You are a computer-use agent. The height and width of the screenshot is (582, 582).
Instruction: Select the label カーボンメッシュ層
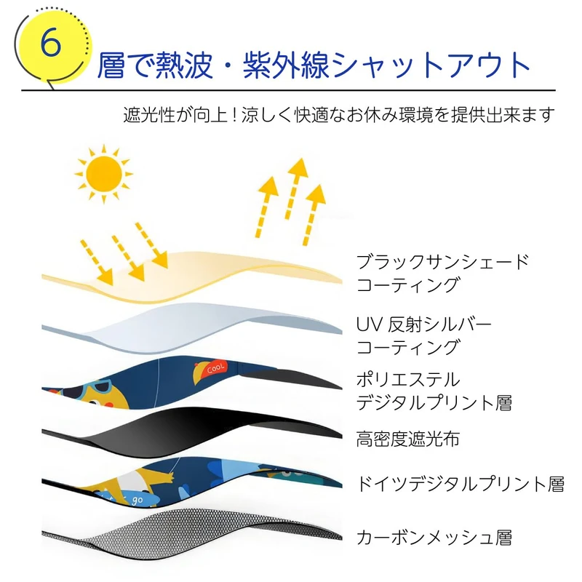[434, 538]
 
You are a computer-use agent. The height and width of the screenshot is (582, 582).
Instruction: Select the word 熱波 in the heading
[187, 66]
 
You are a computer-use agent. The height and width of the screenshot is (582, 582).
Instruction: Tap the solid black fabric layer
[218, 429]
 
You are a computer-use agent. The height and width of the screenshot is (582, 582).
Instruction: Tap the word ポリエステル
[408, 379]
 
